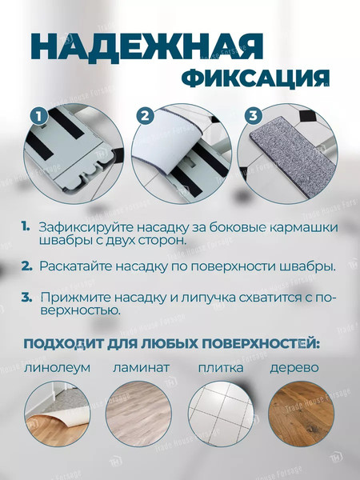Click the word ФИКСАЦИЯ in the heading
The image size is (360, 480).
255,78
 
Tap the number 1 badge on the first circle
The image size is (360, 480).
37,117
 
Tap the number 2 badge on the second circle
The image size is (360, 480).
144,116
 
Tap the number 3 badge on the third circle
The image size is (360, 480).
252,116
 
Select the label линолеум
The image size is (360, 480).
57,369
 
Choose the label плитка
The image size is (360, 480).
220,369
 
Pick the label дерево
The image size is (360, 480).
294,369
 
